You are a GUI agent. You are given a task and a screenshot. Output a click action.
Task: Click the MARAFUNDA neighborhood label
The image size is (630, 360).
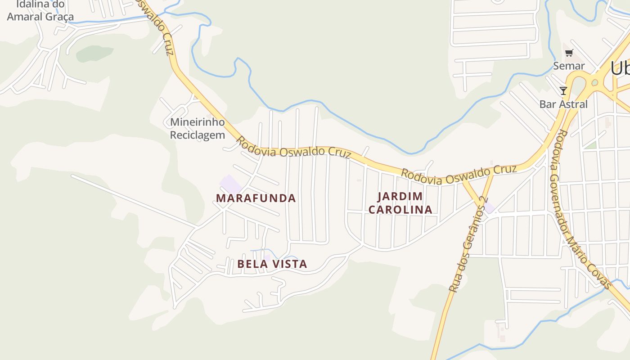[256, 198]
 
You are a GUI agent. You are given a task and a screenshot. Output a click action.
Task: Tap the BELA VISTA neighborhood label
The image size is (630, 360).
[272, 264]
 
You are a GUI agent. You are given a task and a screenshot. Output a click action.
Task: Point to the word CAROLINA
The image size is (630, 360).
[400, 210]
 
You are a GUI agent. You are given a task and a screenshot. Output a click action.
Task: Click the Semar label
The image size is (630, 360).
[569, 66]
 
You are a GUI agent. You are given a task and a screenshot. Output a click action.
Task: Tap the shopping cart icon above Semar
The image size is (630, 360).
[569, 53]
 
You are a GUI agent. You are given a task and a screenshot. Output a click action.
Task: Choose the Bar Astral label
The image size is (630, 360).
[563, 104]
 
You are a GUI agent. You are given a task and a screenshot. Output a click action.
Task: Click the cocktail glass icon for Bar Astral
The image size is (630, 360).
[563, 91]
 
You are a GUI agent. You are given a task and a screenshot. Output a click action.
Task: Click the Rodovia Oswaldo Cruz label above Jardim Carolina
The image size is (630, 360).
[458, 175]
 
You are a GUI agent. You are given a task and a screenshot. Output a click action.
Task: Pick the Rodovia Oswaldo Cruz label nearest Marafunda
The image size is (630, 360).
[293, 149]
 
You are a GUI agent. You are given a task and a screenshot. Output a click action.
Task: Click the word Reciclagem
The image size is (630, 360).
[197, 135]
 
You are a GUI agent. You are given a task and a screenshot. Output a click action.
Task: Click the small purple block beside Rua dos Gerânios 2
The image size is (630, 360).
[489, 208]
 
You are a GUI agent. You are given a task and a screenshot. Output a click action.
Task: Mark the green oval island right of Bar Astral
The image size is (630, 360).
[595, 82]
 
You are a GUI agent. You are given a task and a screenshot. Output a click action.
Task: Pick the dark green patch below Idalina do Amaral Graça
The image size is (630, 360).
[94, 54]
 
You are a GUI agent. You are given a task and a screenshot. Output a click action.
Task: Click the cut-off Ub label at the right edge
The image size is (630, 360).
[620, 68]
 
